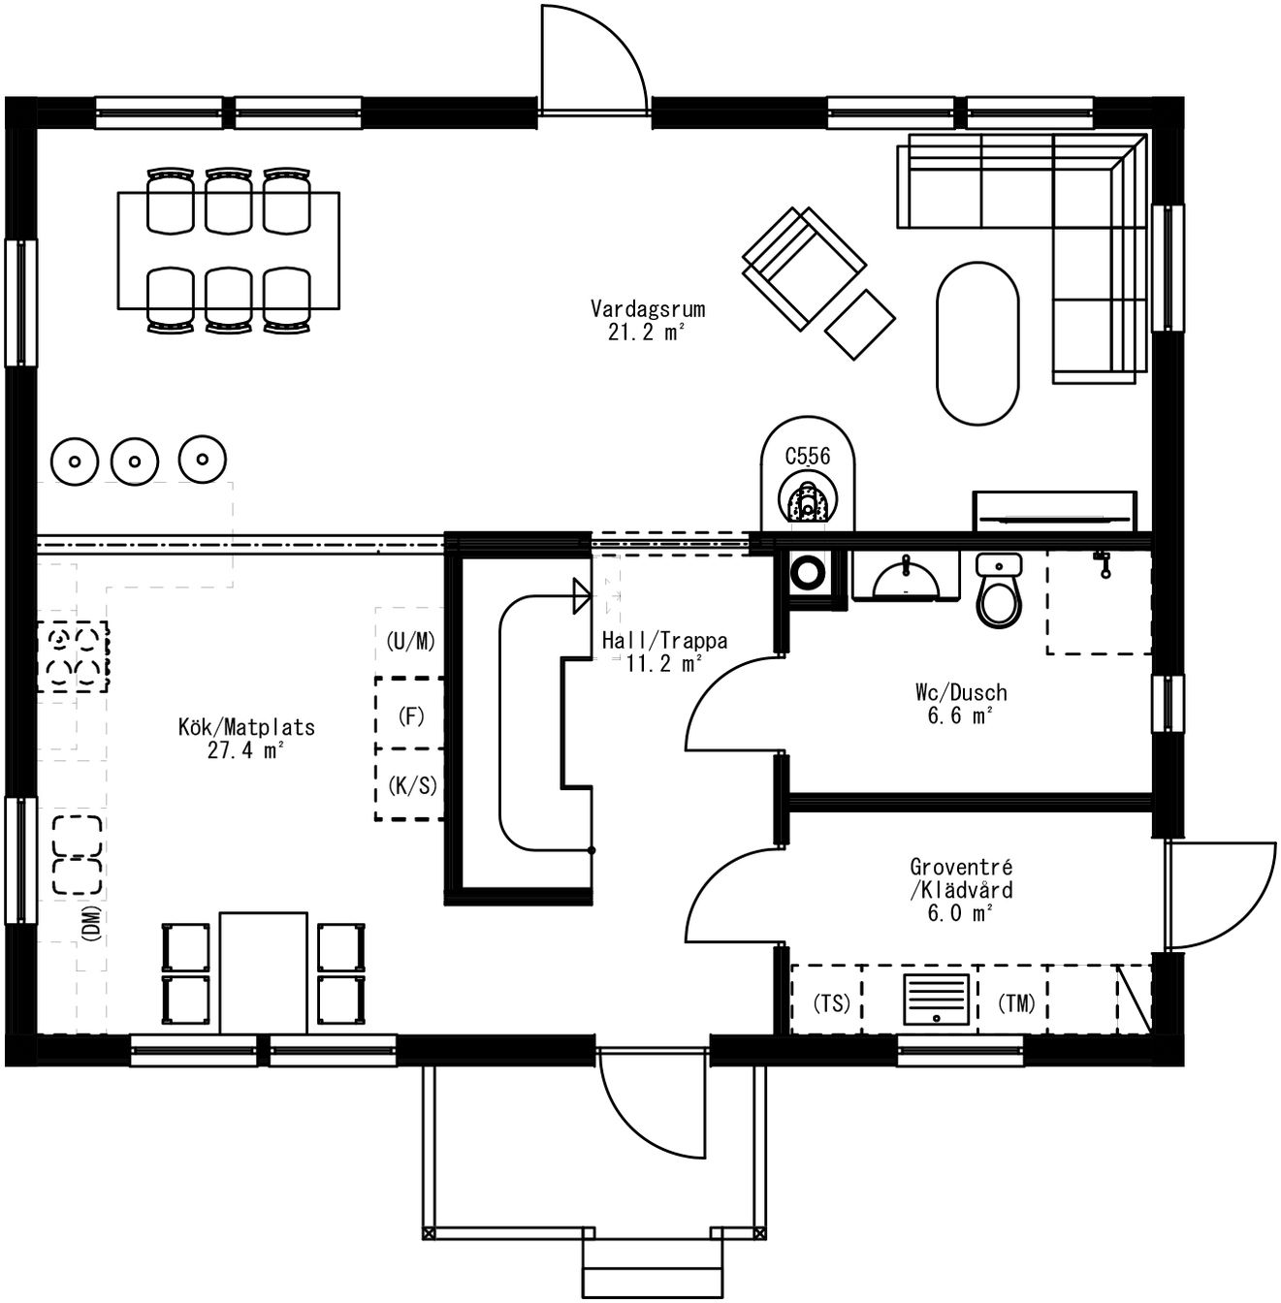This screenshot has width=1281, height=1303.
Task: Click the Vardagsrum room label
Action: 648,309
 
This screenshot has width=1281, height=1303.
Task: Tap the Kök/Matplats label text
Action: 246,727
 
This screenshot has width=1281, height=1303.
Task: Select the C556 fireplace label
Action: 808,456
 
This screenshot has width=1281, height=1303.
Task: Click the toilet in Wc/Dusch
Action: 999,591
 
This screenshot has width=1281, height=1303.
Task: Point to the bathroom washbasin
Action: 906,578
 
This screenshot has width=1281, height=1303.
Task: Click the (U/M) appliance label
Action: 410,641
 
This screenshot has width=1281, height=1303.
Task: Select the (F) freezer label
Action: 411,716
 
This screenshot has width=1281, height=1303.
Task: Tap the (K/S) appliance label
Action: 411,785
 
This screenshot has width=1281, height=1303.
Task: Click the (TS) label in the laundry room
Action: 831,1003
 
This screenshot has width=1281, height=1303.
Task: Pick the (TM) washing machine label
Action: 1016,1003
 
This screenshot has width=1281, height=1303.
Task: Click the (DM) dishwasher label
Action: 91,924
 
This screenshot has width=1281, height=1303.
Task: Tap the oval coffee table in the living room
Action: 977,343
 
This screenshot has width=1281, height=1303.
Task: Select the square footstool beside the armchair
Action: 860,325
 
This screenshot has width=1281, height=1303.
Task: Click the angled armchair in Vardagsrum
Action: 803,268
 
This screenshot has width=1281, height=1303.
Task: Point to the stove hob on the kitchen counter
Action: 73,657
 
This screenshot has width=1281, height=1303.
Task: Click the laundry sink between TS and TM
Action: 936,1000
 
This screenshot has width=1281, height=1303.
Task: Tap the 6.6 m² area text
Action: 960,716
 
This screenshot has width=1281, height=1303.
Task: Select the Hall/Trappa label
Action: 664,641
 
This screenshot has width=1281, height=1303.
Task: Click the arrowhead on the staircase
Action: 582,596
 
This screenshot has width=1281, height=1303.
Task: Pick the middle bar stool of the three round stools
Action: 135,461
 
